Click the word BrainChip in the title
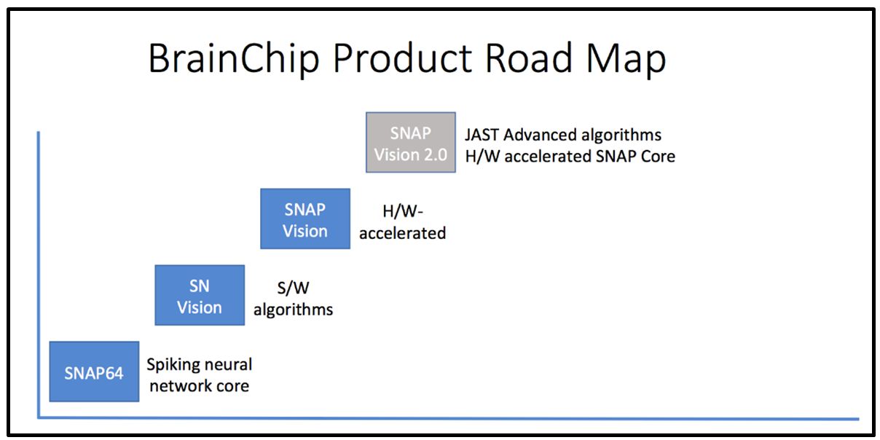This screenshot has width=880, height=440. coord(234,59)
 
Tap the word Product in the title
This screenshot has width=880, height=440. coord(403,58)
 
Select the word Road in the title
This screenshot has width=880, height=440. coord(529,58)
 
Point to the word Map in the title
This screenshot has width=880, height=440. coord(626,60)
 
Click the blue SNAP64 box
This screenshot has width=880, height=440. coord(94,372)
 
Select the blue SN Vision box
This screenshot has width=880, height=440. coord(200,295)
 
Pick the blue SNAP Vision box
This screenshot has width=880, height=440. coord(305,219)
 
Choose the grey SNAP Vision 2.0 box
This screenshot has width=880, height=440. coord(411,142)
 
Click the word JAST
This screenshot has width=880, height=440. coord(482,135)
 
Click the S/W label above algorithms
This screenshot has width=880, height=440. coord(293,288)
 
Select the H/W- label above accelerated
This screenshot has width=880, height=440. coord(403,211)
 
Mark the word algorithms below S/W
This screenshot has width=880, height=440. coord(293,310)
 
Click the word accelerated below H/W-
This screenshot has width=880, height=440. coord(403,233)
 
